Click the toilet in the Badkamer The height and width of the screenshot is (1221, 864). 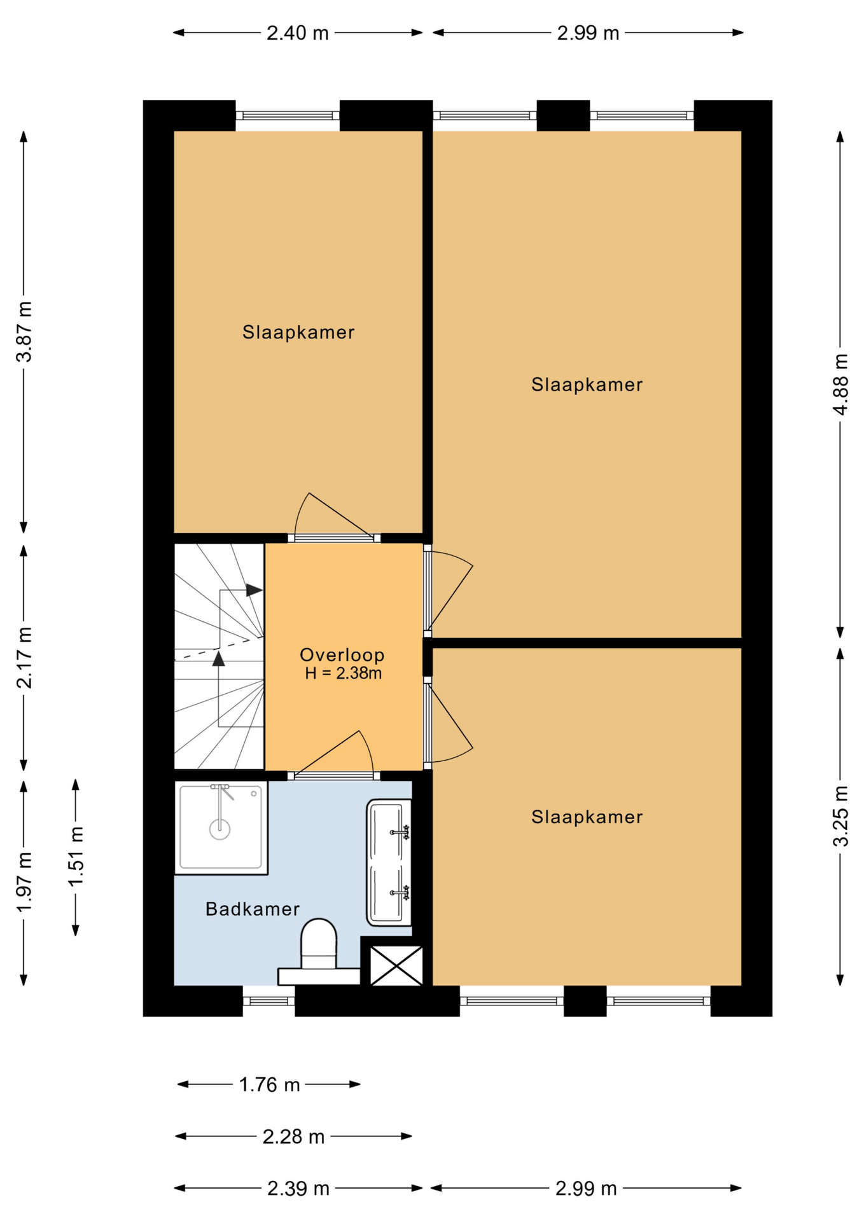[x=318, y=951]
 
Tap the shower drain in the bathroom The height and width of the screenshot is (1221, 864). [x=220, y=829]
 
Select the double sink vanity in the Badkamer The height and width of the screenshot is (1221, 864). [x=389, y=862]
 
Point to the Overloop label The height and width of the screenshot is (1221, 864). [x=342, y=654]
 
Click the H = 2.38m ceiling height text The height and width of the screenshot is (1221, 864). [x=343, y=673]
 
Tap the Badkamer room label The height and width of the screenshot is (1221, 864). [x=253, y=909]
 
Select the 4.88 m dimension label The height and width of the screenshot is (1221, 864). [x=840, y=384]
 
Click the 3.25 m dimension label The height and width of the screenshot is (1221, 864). [x=840, y=816]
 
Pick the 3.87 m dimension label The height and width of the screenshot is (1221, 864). [x=24, y=331]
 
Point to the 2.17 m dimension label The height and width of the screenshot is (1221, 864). [x=24, y=658]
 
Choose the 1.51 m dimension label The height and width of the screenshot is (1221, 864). [x=76, y=856]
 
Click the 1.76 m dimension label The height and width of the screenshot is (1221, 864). [x=269, y=1084]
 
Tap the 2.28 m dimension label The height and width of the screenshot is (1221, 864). [x=293, y=1136]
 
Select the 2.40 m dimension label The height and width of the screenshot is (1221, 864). [x=297, y=32]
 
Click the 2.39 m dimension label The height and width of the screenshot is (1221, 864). [x=298, y=1188]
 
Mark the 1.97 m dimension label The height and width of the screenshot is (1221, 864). [x=24, y=882]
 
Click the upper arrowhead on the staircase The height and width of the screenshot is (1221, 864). [x=254, y=590]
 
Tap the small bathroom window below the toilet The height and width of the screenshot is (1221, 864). [x=268, y=1000]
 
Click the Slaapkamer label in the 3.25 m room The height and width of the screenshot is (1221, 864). [x=587, y=817]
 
